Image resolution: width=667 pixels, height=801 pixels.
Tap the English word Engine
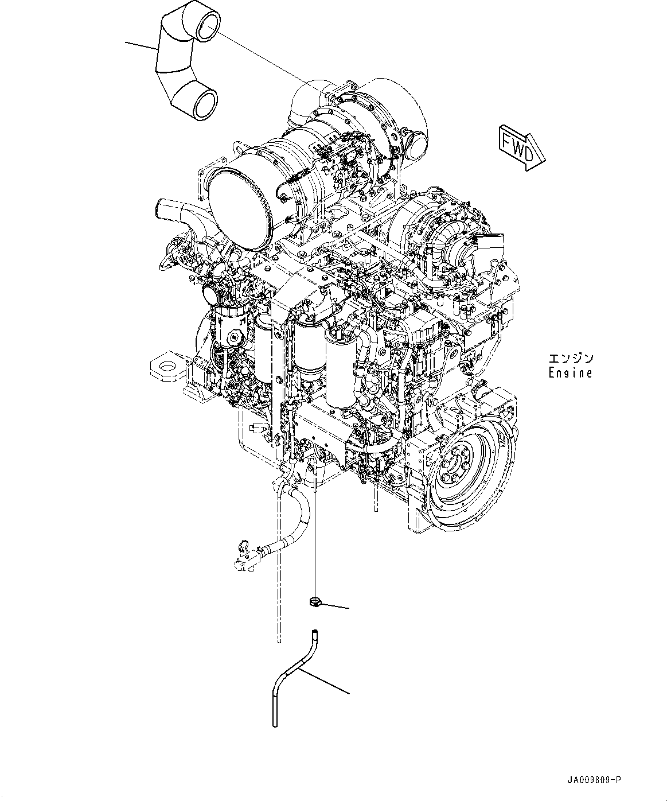570,373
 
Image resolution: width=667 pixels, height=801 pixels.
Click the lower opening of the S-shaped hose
205,104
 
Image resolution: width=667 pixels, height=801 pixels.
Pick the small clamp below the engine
314,601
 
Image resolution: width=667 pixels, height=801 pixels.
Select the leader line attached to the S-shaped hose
141,46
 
